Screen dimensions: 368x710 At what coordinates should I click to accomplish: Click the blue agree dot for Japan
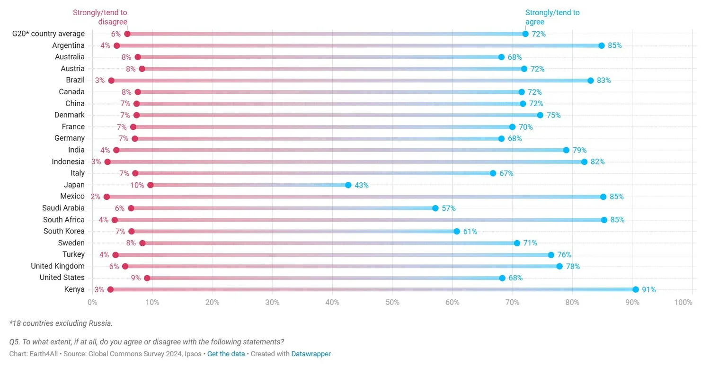[348, 185]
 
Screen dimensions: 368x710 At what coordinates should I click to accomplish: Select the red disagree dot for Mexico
[106, 197]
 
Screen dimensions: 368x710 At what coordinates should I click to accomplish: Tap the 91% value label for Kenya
[649, 290]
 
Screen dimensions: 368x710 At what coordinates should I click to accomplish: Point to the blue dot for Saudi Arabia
[435, 208]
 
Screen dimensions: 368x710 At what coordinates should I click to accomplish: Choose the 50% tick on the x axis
[392, 302]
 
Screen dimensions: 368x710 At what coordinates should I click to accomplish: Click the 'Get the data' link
[226, 354]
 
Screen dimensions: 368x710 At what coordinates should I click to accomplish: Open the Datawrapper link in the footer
[311, 354]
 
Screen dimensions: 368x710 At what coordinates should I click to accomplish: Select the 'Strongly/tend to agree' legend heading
[552, 17]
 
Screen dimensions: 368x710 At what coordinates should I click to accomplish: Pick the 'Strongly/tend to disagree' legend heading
[100, 17]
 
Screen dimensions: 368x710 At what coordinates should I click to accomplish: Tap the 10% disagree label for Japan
[137, 185]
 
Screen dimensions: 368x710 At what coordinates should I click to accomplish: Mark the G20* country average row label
[48, 34]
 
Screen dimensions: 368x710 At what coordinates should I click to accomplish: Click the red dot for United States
[147, 278]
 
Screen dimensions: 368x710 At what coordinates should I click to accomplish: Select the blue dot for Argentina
[602, 46]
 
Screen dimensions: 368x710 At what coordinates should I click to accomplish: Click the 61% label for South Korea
[470, 232]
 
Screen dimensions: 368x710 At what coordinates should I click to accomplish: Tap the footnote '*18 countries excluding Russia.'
[61, 323]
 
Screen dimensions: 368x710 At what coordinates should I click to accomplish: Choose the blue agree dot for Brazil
[591, 81]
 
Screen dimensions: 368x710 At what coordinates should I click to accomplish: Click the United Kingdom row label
[58, 266]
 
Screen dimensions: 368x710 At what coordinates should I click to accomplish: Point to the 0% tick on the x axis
[92, 302]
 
